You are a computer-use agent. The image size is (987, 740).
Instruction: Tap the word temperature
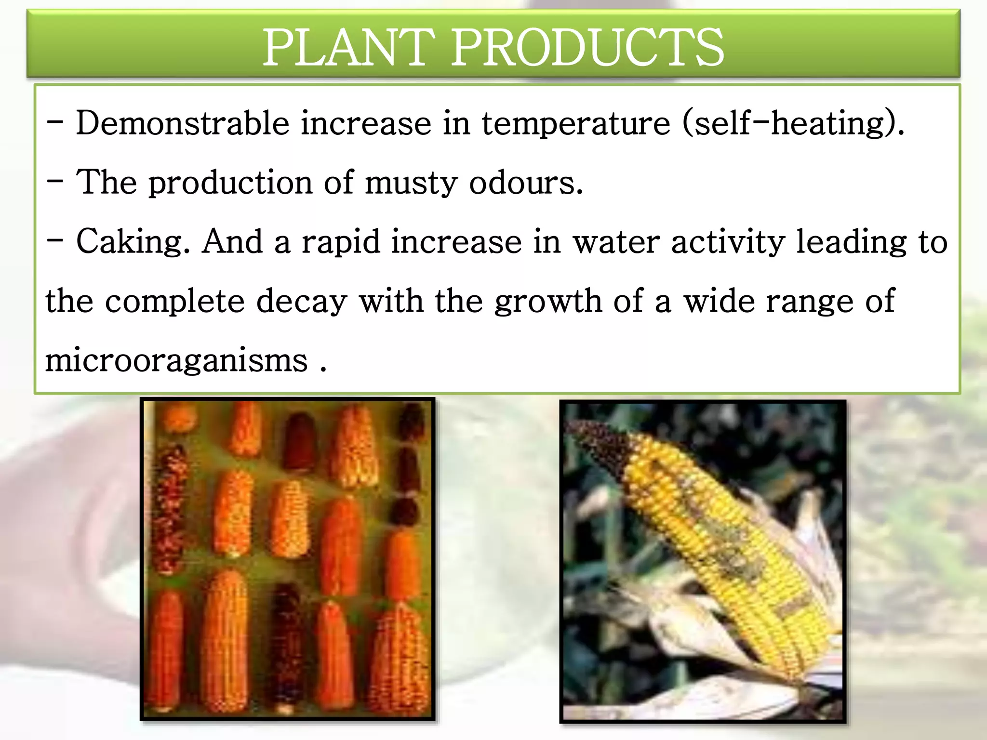point(576,124)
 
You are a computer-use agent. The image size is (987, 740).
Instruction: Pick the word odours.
point(526,183)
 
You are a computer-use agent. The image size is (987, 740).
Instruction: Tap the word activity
point(728,242)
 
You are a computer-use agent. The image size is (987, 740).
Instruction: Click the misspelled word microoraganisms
point(176,361)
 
